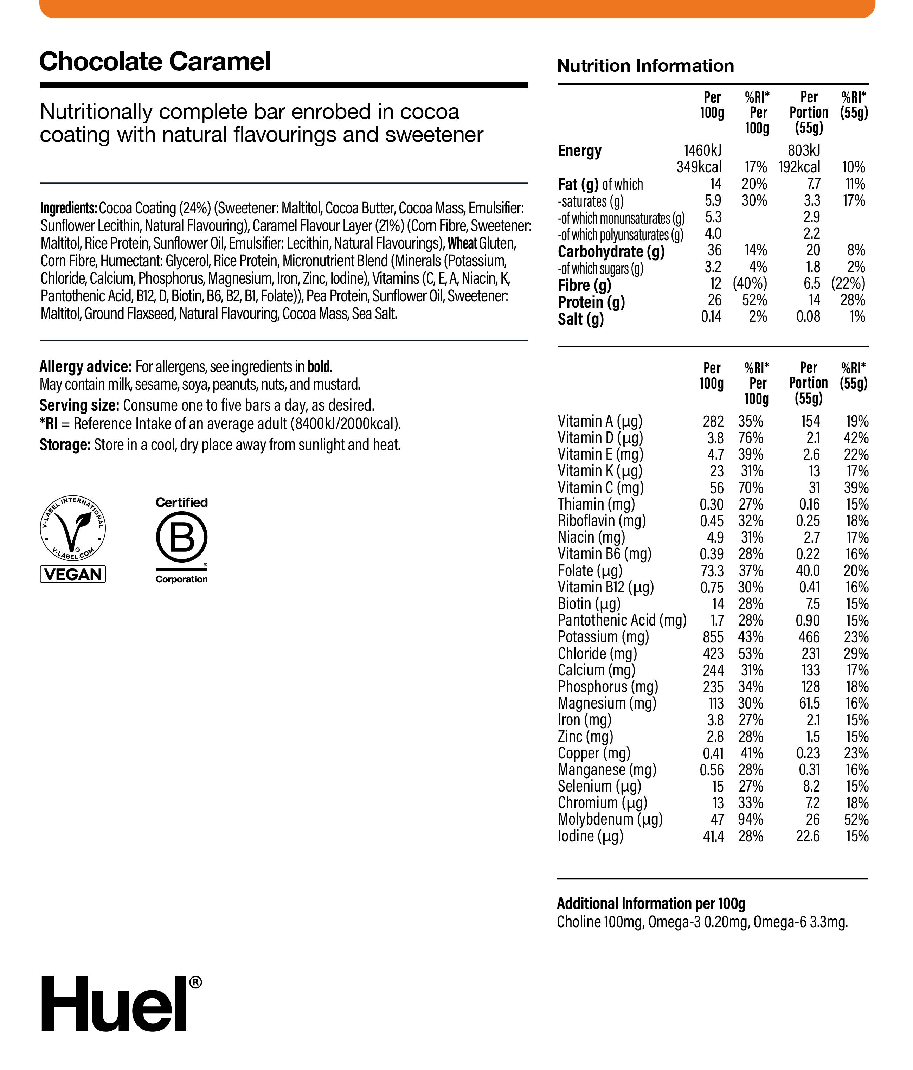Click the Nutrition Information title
pyautogui.click(x=645, y=66)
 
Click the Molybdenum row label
pyautogui.click(x=609, y=820)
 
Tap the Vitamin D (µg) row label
pyautogui.click(x=600, y=438)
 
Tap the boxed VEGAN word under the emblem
pyautogui.click(x=73, y=574)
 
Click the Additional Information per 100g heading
pyautogui.click(x=651, y=904)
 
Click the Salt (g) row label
pyautogui.click(x=580, y=319)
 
